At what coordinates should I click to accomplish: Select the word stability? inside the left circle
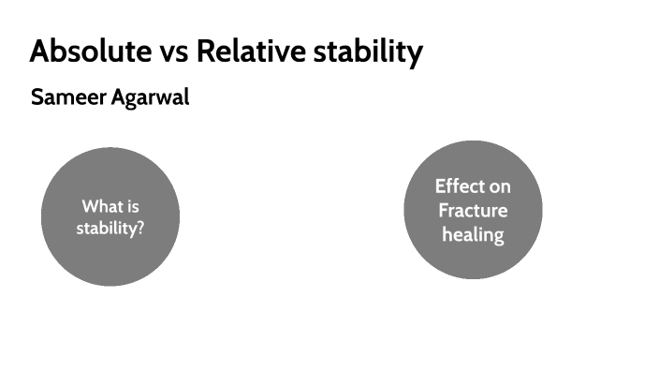110,228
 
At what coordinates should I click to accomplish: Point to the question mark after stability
140,228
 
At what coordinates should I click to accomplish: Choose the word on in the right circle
500,186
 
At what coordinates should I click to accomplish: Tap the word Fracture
473,210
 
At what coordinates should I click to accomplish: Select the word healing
473,234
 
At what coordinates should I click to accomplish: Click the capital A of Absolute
39,52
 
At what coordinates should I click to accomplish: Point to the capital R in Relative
204,52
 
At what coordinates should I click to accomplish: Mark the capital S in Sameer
37,96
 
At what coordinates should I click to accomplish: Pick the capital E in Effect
440,185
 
